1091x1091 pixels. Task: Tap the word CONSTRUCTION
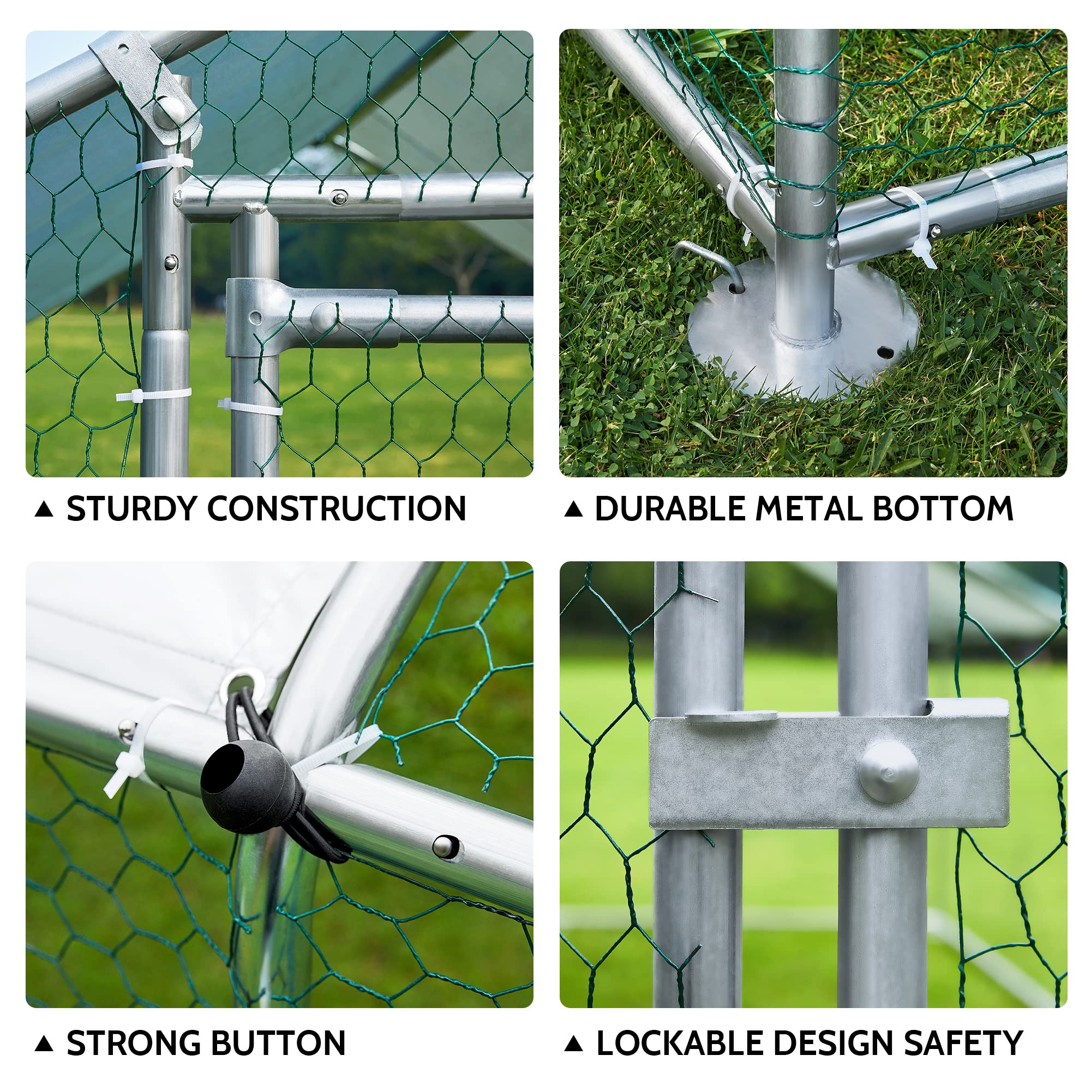point(337,509)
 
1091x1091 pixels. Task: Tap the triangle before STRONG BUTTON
point(44,1044)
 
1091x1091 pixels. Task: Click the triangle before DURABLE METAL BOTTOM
point(573,509)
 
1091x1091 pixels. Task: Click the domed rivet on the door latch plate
point(888,772)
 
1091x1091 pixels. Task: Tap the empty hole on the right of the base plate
point(885,352)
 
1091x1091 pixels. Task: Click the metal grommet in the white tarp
point(244,681)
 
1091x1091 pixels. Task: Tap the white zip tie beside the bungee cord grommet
point(130,745)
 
